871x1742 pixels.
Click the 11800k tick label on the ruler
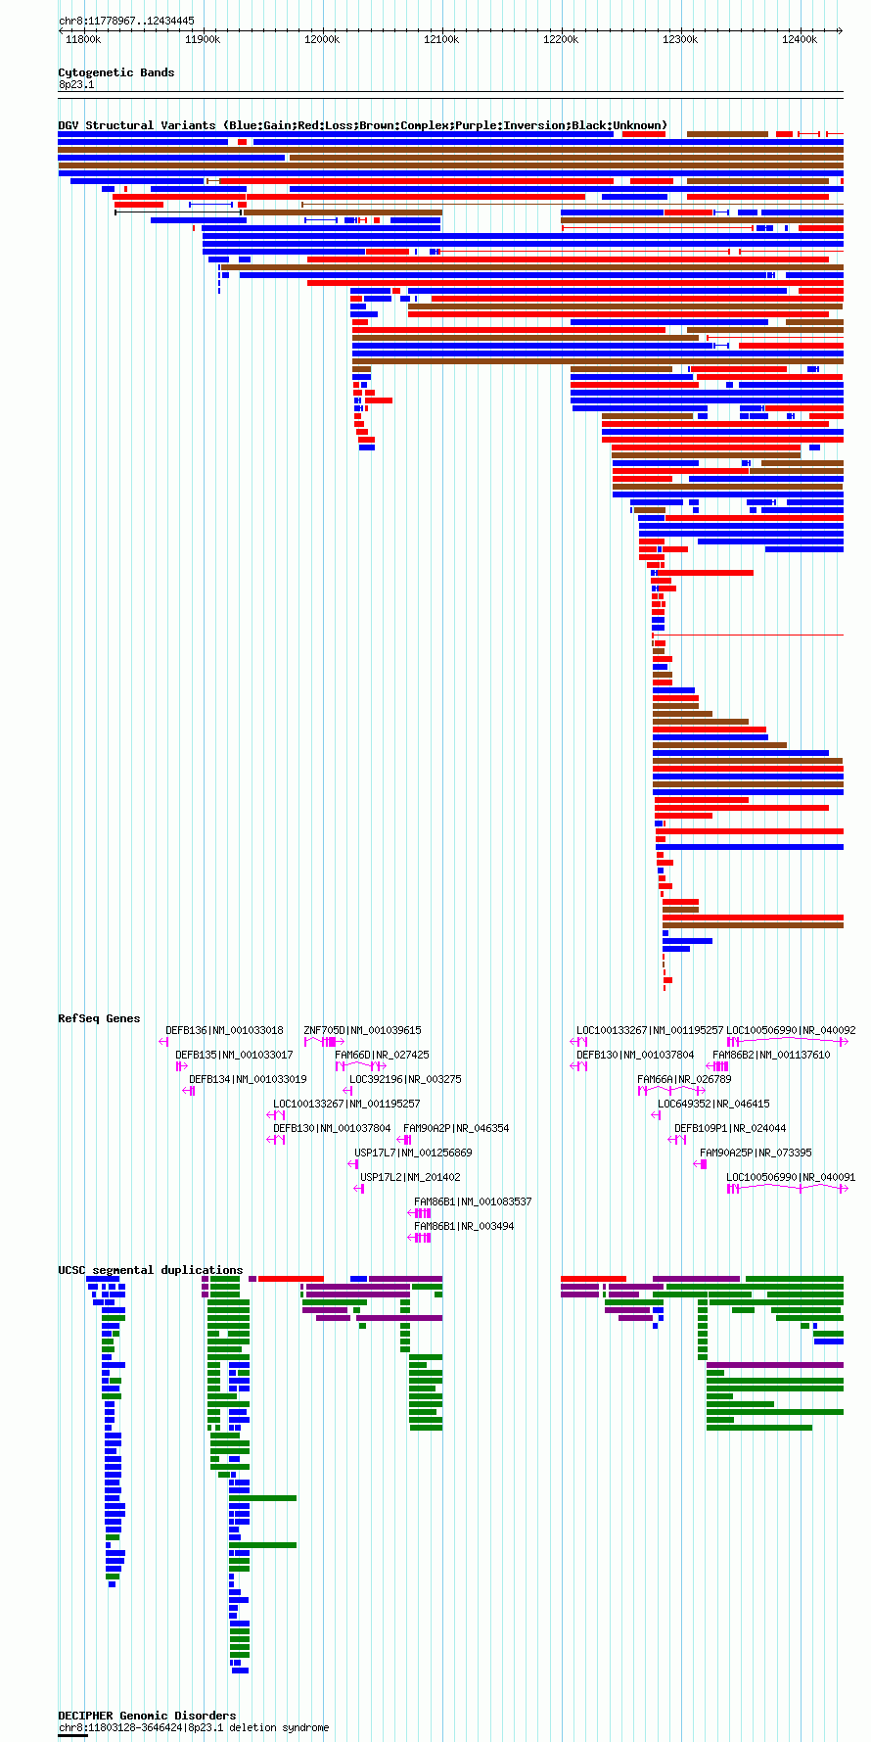pos(83,39)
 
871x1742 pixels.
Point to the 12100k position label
pos(441,39)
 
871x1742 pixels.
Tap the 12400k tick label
pos(800,39)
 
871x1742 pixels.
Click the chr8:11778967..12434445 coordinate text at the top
pos(126,21)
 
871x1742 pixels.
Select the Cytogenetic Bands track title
pos(116,72)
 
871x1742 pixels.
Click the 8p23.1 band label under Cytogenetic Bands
pos(76,85)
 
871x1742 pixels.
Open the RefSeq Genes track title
pos(99,1018)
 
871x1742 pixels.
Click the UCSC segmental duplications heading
pos(151,1270)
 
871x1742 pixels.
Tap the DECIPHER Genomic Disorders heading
pos(147,1716)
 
